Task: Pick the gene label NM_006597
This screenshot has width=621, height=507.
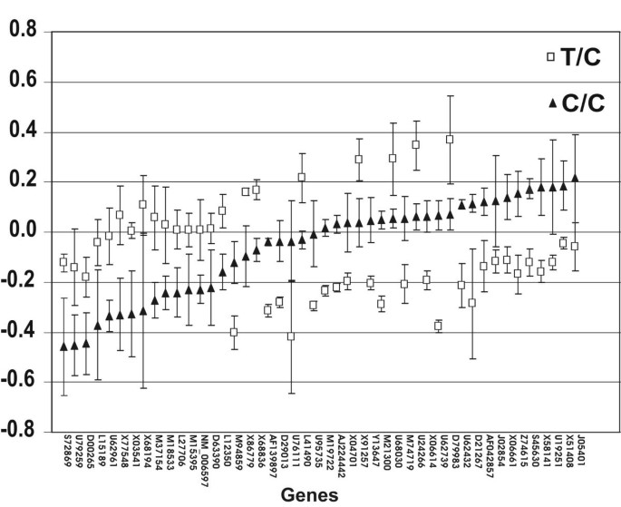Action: (211, 459)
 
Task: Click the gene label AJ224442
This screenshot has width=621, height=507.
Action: (336, 458)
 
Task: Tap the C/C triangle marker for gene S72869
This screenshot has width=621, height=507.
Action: (63, 346)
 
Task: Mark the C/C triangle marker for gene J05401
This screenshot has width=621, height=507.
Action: (575, 178)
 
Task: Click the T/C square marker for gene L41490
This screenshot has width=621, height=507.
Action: (302, 177)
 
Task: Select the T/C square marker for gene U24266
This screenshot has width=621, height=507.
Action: (415, 144)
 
